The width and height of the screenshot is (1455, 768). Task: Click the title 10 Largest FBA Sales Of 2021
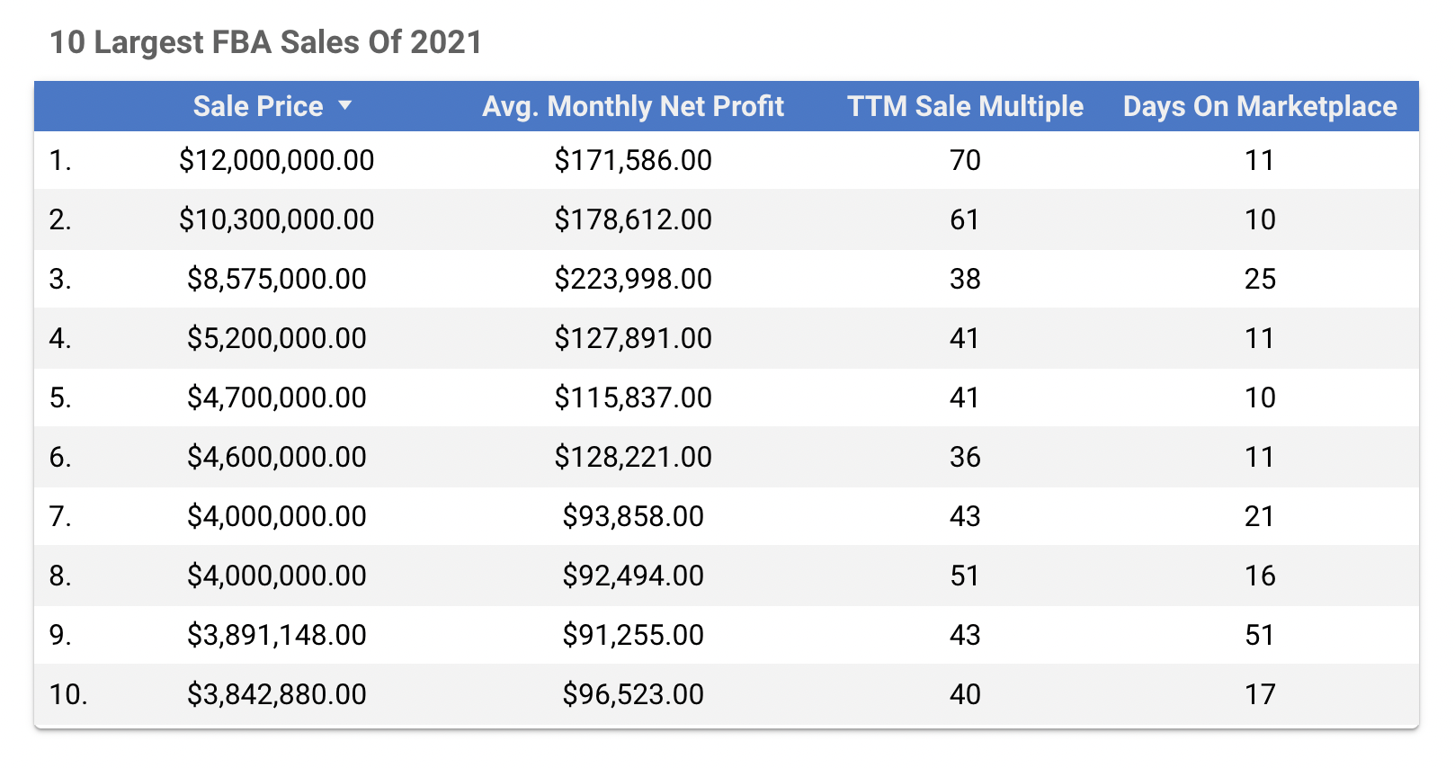click(265, 42)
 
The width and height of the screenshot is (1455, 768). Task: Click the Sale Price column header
click(258, 106)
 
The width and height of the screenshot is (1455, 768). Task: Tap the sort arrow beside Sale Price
click(344, 106)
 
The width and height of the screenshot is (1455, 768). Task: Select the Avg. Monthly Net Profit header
click(633, 106)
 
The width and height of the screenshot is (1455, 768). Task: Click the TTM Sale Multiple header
click(965, 106)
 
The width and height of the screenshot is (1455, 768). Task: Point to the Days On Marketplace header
click(1259, 106)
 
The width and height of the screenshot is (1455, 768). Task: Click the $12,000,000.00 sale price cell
click(276, 160)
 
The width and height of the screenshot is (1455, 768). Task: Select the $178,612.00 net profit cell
click(633, 219)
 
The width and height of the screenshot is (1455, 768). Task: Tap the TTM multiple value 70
click(965, 160)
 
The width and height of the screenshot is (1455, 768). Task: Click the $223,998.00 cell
click(633, 279)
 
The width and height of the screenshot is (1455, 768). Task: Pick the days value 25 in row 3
click(1260, 279)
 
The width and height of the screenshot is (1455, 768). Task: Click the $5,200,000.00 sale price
click(276, 338)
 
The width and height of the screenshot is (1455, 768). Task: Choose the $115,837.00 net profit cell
click(633, 397)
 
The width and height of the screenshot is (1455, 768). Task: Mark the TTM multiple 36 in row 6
click(965, 457)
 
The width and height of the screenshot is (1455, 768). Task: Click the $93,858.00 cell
click(633, 516)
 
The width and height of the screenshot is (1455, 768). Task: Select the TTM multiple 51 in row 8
click(965, 576)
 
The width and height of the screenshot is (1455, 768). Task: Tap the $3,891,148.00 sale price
click(276, 635)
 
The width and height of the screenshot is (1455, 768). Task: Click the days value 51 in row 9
click(1260, 635)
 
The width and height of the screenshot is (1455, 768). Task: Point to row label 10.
click(67, 694)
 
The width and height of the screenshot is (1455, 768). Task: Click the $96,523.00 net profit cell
click(633, 694)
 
